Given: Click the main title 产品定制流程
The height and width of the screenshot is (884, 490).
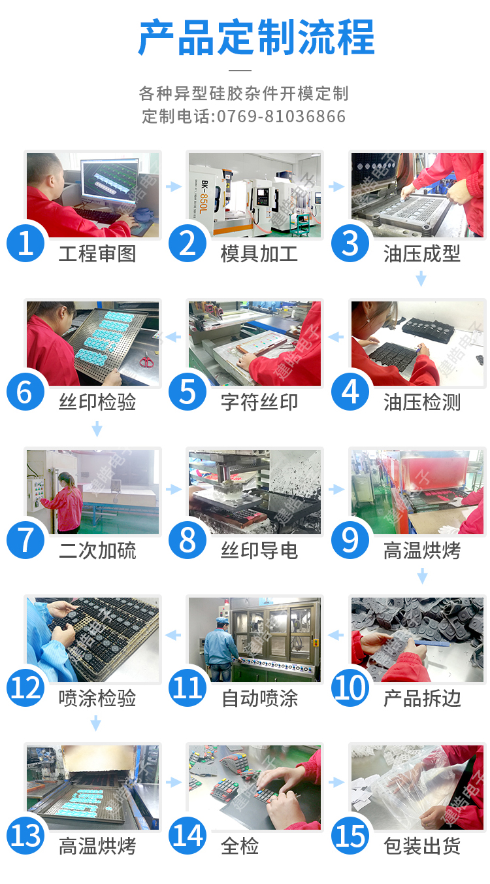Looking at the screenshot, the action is coord(256,37).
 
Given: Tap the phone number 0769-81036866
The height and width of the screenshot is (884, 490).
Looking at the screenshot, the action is coord(281,117).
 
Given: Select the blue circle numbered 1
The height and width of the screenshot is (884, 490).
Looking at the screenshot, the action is coord(25,243).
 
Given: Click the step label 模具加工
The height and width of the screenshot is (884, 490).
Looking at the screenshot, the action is coord(259,254).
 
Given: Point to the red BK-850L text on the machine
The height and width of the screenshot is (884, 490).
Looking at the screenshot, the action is coord(203,197).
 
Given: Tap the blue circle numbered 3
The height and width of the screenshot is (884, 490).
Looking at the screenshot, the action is coord(350,243).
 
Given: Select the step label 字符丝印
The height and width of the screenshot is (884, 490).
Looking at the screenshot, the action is coord(259,402).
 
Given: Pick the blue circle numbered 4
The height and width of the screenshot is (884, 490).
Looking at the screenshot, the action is coord(350,392).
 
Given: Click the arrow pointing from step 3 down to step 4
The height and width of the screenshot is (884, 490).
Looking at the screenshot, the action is coord(421,279).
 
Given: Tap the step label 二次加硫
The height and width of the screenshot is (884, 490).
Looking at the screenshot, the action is coord(97,551).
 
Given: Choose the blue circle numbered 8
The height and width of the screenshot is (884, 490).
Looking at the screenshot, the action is coord(188,540).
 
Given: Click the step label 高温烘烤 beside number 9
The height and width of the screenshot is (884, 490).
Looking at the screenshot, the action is coord(422,551).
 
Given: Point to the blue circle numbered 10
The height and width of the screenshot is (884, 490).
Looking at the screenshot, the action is coord(350,688).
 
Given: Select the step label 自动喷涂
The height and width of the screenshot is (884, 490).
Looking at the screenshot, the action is coord(259,698).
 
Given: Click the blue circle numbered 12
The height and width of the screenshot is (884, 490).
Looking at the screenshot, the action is coord(25,688).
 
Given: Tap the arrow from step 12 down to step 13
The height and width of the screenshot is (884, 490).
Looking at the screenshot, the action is coord(96,723).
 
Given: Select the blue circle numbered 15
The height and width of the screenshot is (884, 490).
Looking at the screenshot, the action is coord(350,836).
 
